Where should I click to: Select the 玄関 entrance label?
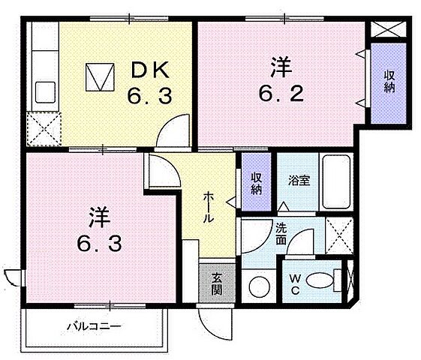pyautogui.click(x=216, y=283)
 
